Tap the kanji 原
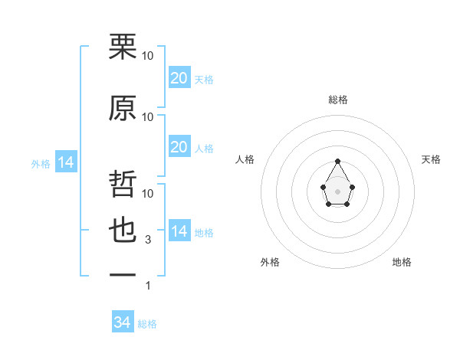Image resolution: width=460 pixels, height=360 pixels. coord(123,109)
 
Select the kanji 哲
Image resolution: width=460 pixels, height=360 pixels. coord(123,184)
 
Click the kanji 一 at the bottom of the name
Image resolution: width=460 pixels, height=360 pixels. coord(123,273)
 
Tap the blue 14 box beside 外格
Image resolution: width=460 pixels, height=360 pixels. coord(65,162)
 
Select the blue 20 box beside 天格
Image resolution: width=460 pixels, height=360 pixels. coord(179,77)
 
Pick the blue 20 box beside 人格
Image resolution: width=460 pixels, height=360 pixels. coord(179,147)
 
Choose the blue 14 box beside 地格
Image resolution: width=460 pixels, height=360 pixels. coord(179,231)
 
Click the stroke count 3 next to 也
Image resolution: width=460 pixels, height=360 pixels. coord(149,240)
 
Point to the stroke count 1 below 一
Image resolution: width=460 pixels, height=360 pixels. coord(149,286)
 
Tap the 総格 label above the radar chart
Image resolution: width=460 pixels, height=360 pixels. coord(337,100)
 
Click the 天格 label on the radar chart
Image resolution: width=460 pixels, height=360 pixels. coord(431,159)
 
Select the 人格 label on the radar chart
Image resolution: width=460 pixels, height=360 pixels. coord(245,159)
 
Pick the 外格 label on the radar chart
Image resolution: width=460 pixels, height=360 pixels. coord(269,262)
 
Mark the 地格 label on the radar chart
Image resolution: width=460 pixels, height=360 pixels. coord(402,262)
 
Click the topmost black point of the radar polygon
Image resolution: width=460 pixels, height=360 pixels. coord(337,161)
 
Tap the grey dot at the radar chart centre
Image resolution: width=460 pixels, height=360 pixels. coord(337,191)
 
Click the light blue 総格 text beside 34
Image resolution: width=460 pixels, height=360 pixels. coord(147,324)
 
